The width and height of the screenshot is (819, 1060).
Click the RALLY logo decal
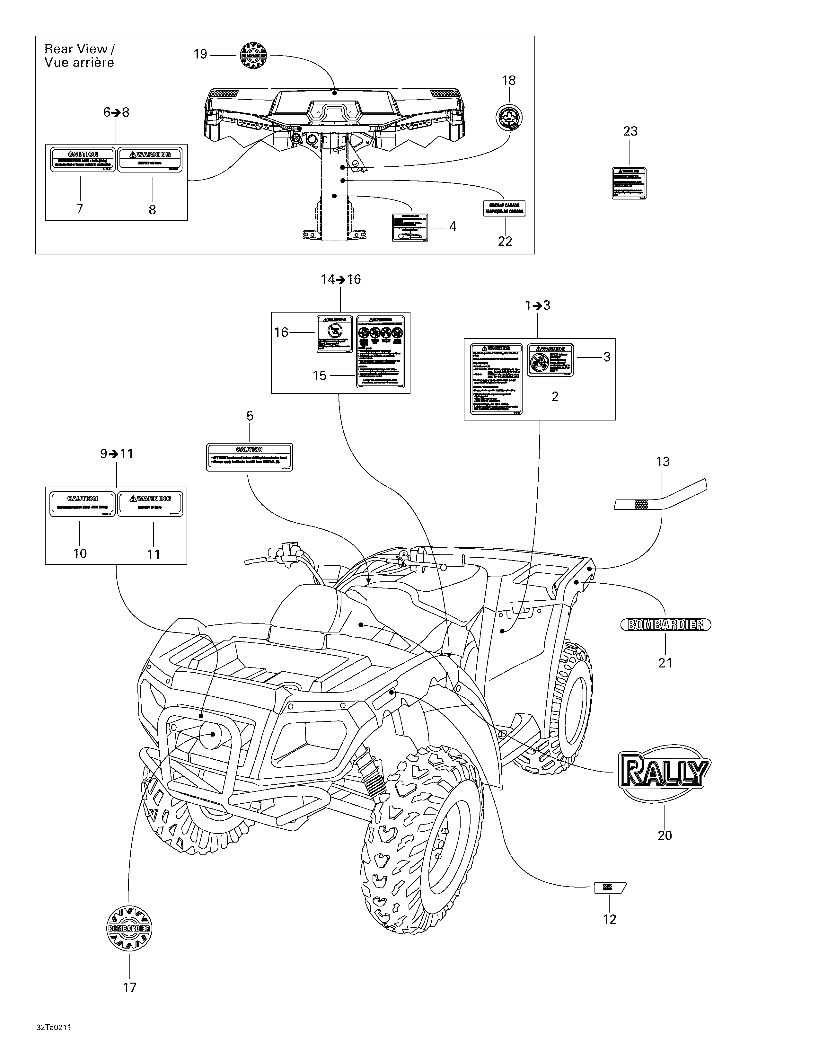pos(664,772)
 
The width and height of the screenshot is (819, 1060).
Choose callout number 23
pos(630,131)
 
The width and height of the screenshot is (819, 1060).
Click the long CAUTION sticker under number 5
pos(249,457)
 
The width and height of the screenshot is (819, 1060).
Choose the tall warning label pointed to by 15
pos(380,352)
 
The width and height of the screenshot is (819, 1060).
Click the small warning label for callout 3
pos(550,360)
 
